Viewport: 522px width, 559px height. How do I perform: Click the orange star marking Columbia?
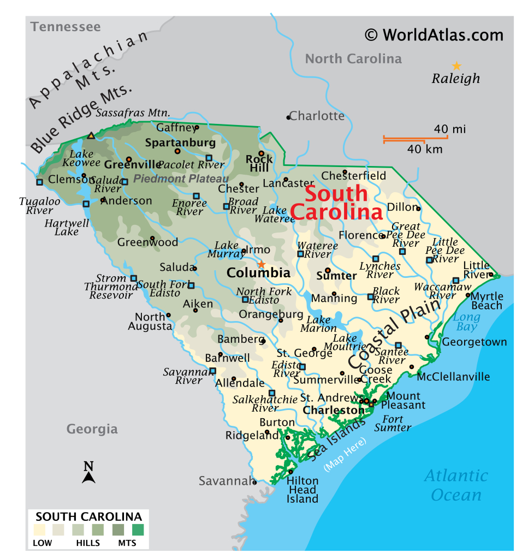pyautogui.click(x=262, y=264)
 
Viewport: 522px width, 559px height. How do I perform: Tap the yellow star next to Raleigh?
pyautogui.click(x=456, y=66)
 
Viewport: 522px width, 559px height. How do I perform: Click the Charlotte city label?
pyautogui.click(x=317, y=116)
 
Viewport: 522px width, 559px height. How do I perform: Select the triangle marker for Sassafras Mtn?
pyautogui.click(x=91, y=135)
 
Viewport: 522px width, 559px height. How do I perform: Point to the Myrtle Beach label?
pyautogui.click(x=487, y=301)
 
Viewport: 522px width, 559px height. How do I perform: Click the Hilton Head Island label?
pyautogui.click(x=302, y=490)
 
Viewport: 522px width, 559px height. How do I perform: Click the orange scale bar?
pyautogui.click(x=415, y=138)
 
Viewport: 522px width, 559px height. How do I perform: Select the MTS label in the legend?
pyautogui.click(x=127, y=543)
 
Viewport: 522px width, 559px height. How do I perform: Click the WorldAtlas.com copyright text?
pyautogui.click(x=434, y=35)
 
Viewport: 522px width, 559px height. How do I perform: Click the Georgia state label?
pyautogui.click(x=92, y=429)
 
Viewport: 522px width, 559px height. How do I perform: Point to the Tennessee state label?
pyautogui.click(x=66, y=27)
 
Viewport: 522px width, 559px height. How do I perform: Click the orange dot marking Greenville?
pyautogui.click(x=129, y=159)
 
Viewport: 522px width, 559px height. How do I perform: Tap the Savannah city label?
pyautogui.click(x=224, y=481)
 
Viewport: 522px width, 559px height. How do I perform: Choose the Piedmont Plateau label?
pyautogui.click(x=181, y=179)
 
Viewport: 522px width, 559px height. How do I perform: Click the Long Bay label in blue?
pyautogui.click(x=467, y=322)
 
